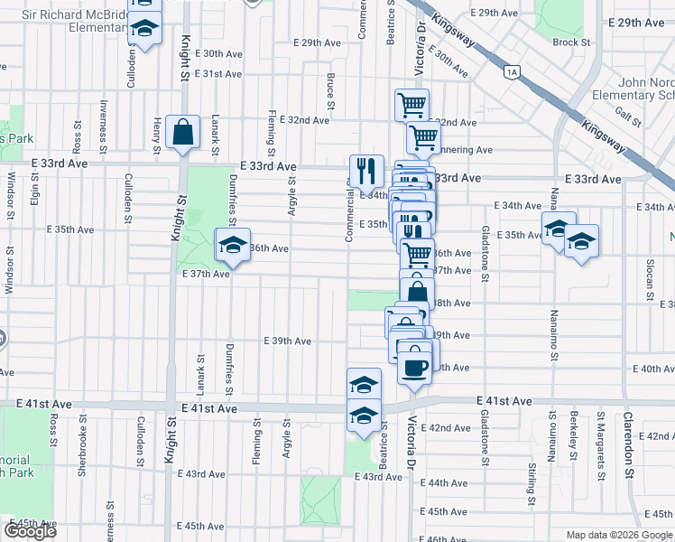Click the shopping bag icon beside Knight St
point(182,132)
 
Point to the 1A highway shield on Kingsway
point(513,71)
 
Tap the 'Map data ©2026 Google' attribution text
point(619,535)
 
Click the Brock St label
point(571,42)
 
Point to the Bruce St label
point(331,93)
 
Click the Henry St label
point(157,133)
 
